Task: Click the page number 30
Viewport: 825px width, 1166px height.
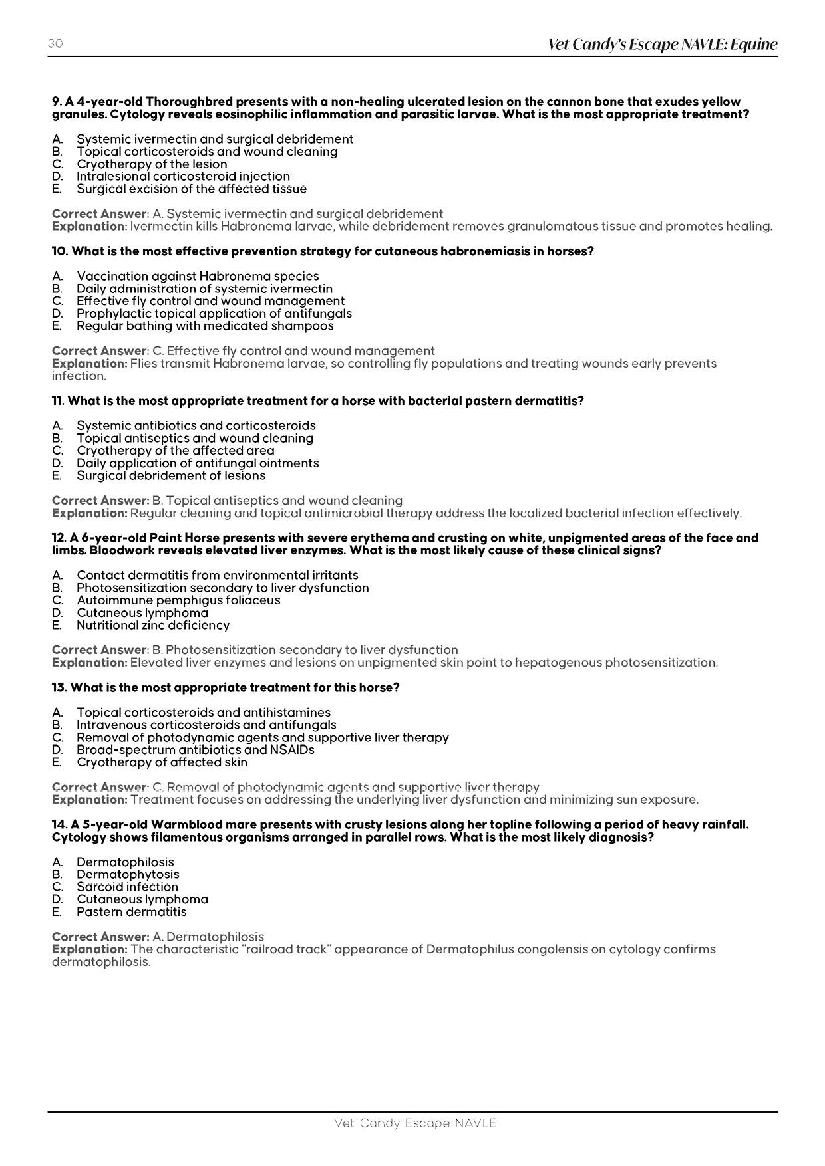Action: (x=55, y=44)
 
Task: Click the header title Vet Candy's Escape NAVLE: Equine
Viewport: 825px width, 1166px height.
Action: (x=662, y=45)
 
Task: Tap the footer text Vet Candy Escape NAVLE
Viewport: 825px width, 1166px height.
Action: (x=415, y=1123)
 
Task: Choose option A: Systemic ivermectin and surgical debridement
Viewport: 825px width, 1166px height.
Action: (x=214, y=139)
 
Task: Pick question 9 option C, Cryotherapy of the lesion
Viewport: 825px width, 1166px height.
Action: (x=152, y=164)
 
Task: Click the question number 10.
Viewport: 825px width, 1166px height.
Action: (x=59, y=251)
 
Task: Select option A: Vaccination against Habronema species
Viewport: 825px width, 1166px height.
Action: (x=198, y=276)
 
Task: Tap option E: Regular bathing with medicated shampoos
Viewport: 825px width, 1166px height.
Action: (x=205, y=326)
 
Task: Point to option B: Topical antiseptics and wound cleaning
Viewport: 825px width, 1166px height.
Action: (x=194, y=438)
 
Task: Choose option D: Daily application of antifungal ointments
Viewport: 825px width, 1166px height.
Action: (x=198, y=463)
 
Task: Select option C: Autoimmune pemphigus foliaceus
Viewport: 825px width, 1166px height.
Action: (x=178, y=600)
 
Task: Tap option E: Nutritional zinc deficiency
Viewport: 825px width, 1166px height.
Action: (x=152, y=626)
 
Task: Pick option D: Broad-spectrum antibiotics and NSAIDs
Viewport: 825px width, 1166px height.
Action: (x=195, y=750)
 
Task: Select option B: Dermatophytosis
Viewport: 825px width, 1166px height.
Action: (x=127, y=875)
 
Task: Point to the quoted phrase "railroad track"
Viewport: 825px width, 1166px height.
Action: (x=288, y=949)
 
